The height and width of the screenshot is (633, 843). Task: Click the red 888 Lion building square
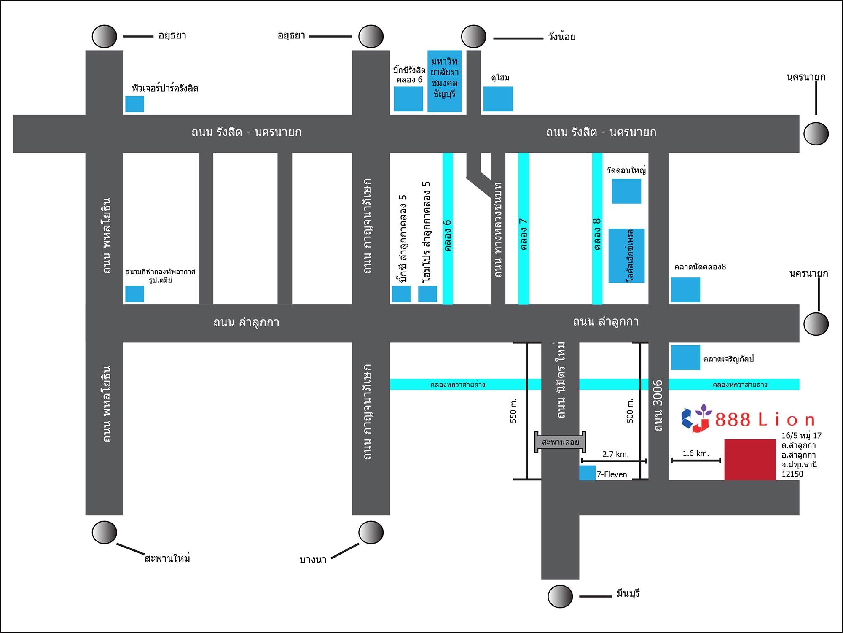750,459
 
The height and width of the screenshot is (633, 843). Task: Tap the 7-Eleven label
612,474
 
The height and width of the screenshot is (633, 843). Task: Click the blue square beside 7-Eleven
587,473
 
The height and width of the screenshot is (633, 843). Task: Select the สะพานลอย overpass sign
560,442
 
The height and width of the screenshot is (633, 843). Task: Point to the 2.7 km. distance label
615,454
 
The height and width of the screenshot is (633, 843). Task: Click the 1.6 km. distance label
695,453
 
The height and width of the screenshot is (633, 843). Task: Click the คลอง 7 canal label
524,234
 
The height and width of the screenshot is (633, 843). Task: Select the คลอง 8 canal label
597,234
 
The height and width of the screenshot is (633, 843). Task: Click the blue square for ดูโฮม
498,99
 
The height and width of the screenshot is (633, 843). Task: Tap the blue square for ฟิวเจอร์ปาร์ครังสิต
134,104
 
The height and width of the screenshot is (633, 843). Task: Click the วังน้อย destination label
562,37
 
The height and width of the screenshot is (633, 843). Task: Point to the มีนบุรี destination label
628,594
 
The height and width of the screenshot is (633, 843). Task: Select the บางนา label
313,560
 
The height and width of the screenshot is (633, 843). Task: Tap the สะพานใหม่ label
167,559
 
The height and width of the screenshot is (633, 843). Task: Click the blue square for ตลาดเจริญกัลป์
685,358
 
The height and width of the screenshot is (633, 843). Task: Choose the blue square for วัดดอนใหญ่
626,191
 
